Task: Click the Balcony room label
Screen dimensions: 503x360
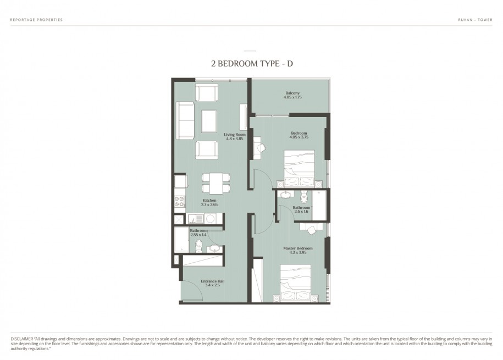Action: coord(292,93)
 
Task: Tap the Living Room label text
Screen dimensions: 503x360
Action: coord(235,135)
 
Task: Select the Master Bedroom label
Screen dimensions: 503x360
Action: coord(298,248)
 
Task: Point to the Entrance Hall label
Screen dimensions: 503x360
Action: coord(213,281)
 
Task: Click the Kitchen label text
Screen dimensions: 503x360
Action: coord(209,200)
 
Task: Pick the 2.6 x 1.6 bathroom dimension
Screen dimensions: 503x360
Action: coord(301,212)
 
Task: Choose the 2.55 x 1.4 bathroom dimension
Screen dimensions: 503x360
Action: coord(198,235)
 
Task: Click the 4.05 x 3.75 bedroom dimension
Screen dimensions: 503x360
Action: coord(299,137)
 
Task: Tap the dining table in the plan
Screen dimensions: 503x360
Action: coord(216,183)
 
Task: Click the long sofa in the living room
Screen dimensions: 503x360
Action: coord(185,121)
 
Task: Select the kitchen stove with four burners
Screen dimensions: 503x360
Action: coord(180,202)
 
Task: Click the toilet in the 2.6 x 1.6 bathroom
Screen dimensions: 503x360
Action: coord(304,196)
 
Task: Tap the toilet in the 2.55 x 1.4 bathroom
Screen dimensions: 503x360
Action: coord(199,246)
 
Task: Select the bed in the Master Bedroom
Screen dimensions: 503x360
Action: coord(295,283)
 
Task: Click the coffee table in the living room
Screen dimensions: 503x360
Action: coord(209,121)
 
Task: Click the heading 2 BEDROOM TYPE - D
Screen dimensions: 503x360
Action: coord(252,64)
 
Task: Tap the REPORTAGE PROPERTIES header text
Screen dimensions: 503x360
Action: coord(37,20)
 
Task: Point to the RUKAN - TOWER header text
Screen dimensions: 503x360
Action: coord(475,20)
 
